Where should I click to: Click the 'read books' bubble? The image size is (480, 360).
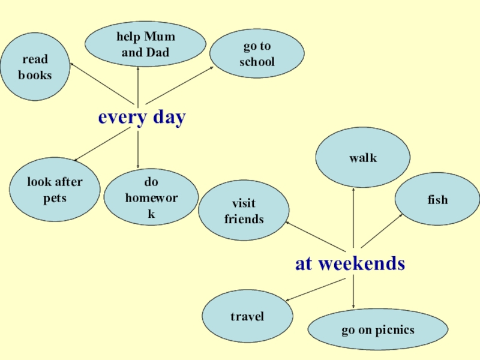tap(35, 67)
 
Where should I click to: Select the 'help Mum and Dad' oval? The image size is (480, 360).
tap(145, 44)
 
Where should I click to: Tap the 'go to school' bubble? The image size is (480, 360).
tap(257, 54)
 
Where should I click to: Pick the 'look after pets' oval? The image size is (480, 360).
tap(55, 190)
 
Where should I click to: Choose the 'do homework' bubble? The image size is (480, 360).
tap(151, 197)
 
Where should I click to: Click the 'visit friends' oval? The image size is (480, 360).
tap(244, 211)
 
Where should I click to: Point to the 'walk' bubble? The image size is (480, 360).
tap(363, 158)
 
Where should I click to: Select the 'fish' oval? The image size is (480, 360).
tap(437, 200)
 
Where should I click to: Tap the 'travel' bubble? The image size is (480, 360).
tap(247, 316)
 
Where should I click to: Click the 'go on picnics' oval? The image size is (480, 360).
tap(378, 329)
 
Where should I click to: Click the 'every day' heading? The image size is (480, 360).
tap(142, 117)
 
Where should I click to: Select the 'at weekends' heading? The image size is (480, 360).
tap(350, 263)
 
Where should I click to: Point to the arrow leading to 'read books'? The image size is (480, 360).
tap(101, 83)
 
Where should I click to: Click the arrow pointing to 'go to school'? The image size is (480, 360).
tap(179, 85)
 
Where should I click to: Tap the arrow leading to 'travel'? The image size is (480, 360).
tap(314, 289)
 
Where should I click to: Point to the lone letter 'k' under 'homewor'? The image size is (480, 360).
tap(151, 213)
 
